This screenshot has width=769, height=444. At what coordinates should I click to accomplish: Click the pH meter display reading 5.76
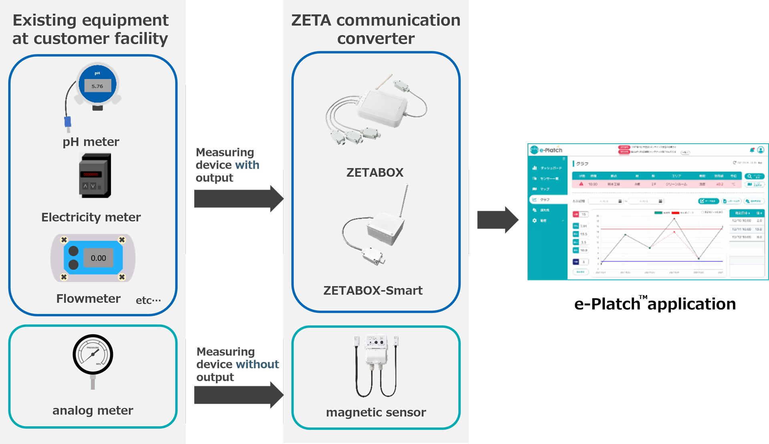coord(97,86)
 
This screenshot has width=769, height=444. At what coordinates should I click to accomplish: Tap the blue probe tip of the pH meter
coord(68,122)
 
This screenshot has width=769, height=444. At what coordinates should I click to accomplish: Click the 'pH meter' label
coord(91,142)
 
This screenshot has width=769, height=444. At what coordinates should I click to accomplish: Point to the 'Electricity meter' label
coord(91,217)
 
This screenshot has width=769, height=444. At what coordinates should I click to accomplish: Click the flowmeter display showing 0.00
coord(98,258)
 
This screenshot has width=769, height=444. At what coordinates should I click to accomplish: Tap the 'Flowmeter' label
coord(88,299)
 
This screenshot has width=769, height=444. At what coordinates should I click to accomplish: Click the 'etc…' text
coord(148,300)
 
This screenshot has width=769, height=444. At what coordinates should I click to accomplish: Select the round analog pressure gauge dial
coord(93,354)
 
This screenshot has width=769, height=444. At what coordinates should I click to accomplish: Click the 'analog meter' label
coord(93,410)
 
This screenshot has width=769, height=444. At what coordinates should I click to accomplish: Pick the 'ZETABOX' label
coord(375,173)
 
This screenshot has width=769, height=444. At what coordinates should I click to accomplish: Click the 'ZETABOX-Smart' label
coord(373,290)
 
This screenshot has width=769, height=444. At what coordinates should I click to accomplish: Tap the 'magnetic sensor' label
coord(376,412)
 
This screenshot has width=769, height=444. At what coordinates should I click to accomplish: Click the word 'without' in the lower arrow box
coord(258,364)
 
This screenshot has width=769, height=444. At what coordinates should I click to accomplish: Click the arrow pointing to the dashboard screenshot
coord(497,220)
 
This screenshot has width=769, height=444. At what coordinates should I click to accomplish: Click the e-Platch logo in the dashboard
coord(547,150)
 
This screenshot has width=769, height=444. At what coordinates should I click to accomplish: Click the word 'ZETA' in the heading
coord(311,20)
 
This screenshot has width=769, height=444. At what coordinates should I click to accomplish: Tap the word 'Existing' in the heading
coord(44,20)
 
